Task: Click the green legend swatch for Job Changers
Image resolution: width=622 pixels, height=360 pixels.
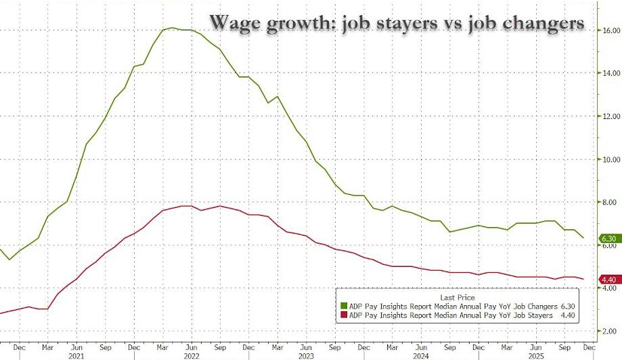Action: [x=343, y=306]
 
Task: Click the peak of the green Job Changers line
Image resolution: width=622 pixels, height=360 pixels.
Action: [x=172, y=28]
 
